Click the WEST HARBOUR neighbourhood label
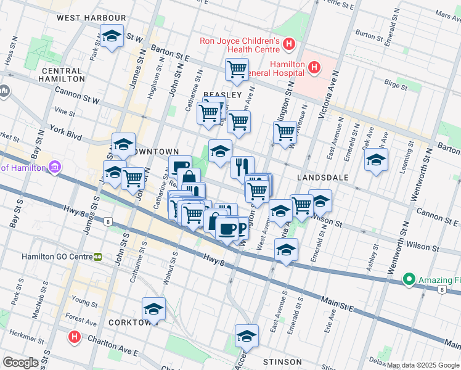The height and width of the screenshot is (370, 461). (91, 18)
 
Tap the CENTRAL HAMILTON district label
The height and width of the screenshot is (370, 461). (62, 75)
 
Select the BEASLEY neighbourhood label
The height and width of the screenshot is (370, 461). (222, 94)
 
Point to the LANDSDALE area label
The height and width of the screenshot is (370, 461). (322, 177)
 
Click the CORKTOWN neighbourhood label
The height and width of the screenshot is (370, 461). (130, 323)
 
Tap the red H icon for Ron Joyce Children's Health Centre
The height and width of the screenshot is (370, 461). (288, 44)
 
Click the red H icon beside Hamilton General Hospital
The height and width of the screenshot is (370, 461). (314, 67)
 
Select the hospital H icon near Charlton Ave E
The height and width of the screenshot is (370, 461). (75, 337)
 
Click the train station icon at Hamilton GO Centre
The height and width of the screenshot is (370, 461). (97, 257)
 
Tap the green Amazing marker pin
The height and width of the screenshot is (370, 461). (408, 280)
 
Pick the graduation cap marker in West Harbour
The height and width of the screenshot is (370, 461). (112, 36)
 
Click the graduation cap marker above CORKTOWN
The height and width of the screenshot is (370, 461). (153, 308)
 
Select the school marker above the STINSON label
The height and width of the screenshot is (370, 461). (247, 335)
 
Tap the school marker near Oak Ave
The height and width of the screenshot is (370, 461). (376, 159)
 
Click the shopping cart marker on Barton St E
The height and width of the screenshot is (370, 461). (237, 70)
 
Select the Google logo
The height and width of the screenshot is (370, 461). (22, 362)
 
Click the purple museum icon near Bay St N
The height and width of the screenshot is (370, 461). (55, 167)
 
